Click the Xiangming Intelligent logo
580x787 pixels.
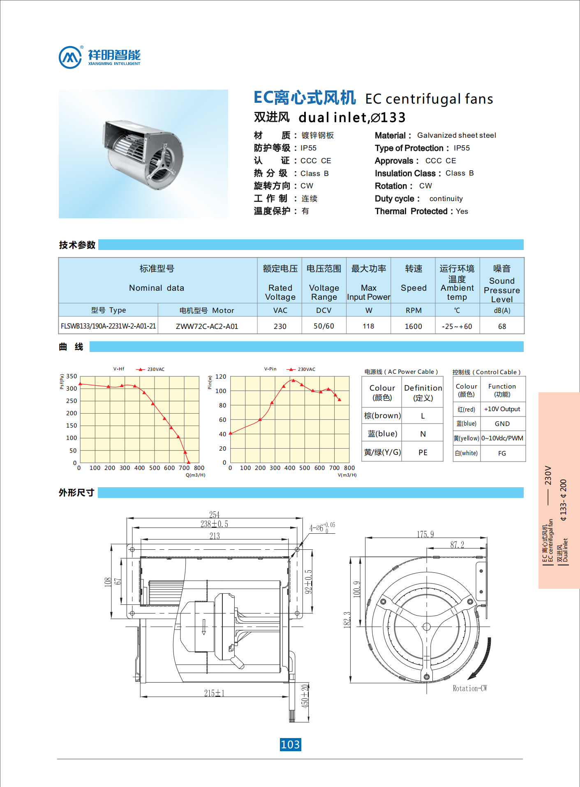100,57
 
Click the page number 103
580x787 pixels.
290,744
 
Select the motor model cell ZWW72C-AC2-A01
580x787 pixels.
207,326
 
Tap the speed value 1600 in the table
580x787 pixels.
413,326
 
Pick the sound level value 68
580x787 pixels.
502,326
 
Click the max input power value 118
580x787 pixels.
368,326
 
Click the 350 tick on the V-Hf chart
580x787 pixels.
72,376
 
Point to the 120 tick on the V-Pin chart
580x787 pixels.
221,377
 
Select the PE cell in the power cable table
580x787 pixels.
423,452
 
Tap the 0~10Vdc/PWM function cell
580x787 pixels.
502,438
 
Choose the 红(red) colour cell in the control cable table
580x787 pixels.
467,409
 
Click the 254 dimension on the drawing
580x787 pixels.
214,514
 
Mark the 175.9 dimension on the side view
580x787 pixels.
425,534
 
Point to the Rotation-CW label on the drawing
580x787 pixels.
469,688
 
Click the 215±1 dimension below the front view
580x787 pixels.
214,693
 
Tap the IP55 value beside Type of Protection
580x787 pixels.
462,148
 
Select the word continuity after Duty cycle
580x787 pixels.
446,199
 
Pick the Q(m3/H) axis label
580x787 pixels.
195,475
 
